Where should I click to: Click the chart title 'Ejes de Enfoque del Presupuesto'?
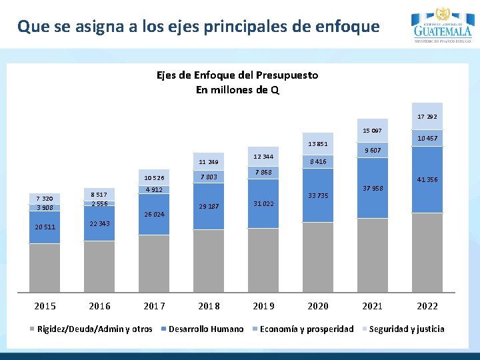(x=237, y=75)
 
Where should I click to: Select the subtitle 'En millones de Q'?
(x=237, y=90)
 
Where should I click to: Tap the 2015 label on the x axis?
(x=45, y=306)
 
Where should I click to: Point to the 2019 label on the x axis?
(x=263, y=306)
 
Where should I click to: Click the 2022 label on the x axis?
(x=427, y=306)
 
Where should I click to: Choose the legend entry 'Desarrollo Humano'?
(x=206, y=329)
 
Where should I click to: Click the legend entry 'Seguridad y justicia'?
(x=406, y=329)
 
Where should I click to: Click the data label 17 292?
(x=427, y=117)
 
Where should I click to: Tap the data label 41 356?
(x=427, y=180)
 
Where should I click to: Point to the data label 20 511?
(x=45, y=227)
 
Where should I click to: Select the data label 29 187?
(x=209, y=207)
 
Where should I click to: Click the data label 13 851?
(x=318, y=144)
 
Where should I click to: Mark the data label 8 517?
(x=99, y=194)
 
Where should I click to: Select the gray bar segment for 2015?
(x=45, y=267)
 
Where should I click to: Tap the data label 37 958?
(x=373, y=189)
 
